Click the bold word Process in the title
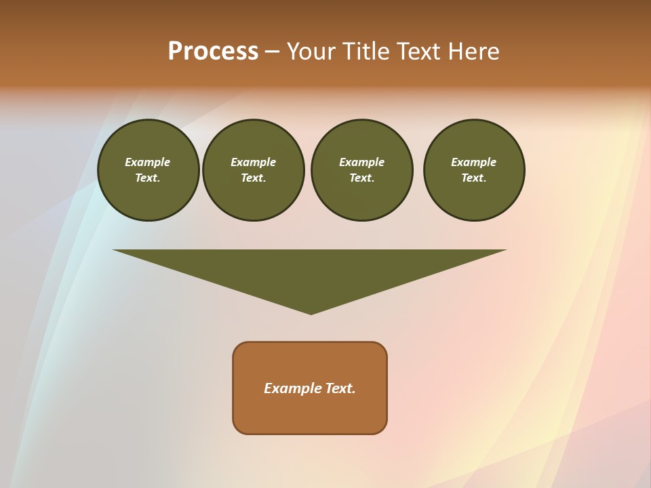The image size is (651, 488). click(x=213, y=52)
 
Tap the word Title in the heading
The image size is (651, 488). click(x=366, y=52)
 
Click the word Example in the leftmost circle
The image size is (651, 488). click(x=148, y=162)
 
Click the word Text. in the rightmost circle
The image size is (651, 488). click(x=474, y=178)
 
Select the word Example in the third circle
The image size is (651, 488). click(x=361, y=162)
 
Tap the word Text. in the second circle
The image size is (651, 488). click(x=254, y=178)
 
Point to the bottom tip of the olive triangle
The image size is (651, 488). click(x=311, y=312)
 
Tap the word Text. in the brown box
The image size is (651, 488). click(x=340, y=388)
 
